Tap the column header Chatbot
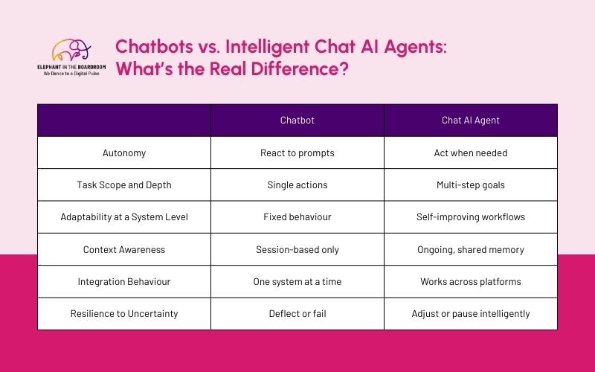pyautogui.click(x=297, y=121)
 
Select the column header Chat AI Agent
pyautogui.click(x=470, y=121)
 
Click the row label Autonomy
pyautogui.click(x=123, y=153)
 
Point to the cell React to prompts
pyautogui.click(x=297, y=153)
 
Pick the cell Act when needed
pyautogui.click(x=470, y=153)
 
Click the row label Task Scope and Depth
pyautogui.click(x=123, y=185)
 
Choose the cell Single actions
pyautogui.click(x=297, y=185)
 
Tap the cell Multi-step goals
pyautogui.click(x=470, y=185)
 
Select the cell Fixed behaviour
pyautogui.click(x=297, y=217)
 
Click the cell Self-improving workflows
pyautogui.click(x=470, y=217)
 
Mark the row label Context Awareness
pyautogui.click(x=123, y=249)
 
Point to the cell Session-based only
pyautogui.click(x=297, y=249)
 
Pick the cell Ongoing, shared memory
pyautogui.click(x=470, y=249)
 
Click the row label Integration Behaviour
pyautogui.click(x=123, y=282)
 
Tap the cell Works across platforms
pyautogui.click(x=470, y=282)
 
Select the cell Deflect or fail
pyautogui.click(x=297, y=314)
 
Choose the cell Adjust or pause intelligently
pyautogui.click(x=470, y=314)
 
